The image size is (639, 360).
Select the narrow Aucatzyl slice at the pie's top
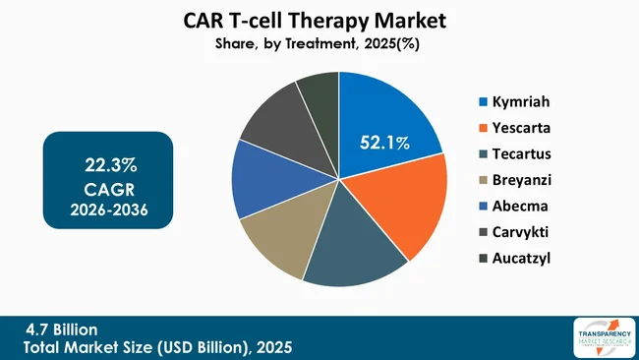tap(320, 91)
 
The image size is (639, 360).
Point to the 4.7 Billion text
tap(61, 328)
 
